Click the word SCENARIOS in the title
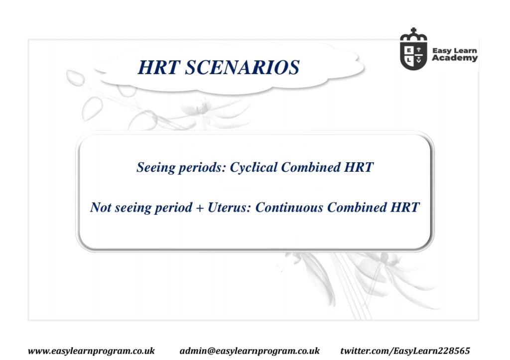pyautogui.click(x=242, y=67)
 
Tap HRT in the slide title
pyautogui.click(x=158, y=67)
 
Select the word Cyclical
pyautogui.click(x=254, y=167)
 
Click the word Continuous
pyautogui.click(x=289, y=207)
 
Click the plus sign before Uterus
pyautogui.click(x=200, y=208)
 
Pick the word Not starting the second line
pyautogui.click(x=101, y=207)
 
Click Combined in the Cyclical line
pyautogui.click(x=311, y=167)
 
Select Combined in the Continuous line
pyautogui.click(x=357, y=207)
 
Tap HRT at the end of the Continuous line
pyautogui.click(x=405, y=207)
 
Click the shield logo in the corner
pyautogui.click(x=413, y=49)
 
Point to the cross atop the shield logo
pyautogui.click(x=413, y=31)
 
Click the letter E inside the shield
pyautogui.click(x=409, y=50)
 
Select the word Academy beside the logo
pyautogui.click(x=455, y=58)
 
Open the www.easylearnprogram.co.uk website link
pyautogui.click(x=92, y=351)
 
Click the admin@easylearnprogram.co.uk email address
pyautogui.click(x=250, y=351)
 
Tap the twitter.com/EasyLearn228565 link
pyautogui.click(x=405, y=351)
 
